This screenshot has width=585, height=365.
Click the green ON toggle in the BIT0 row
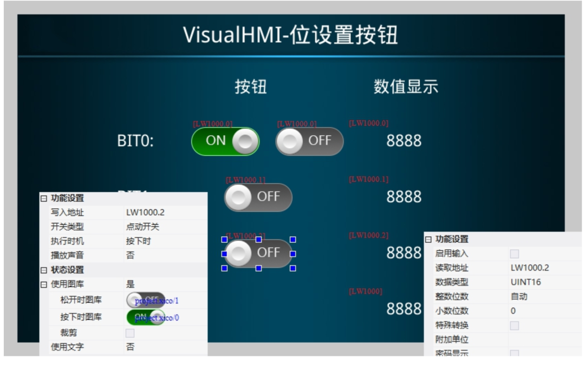point(225,141)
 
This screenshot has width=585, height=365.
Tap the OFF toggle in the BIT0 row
point(309,141)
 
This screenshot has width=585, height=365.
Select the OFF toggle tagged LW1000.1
point(258,197)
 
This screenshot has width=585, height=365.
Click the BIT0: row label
point(135,142)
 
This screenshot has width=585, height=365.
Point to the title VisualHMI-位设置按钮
point(290,35)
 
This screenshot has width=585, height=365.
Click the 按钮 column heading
point(250,87)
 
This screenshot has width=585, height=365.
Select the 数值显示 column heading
point(406,87)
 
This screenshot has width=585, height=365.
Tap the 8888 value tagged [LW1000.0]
point(404,141)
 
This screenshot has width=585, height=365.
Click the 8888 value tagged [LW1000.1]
point(404,197)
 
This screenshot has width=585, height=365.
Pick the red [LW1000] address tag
point(366,292)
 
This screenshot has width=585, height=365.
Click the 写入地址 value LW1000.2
point(145,213)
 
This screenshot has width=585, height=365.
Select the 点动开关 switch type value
point(142,227)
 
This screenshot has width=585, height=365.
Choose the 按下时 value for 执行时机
point(138,241)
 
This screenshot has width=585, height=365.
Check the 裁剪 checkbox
point(130,333)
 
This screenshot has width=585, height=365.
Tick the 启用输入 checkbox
point(514,254)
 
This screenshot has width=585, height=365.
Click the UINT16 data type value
point(525,282)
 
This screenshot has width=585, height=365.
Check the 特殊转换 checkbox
point(514,326)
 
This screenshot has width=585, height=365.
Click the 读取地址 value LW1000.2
point(529,268)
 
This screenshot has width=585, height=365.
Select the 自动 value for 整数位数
point(519,296)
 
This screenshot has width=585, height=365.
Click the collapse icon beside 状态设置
point(44,270)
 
